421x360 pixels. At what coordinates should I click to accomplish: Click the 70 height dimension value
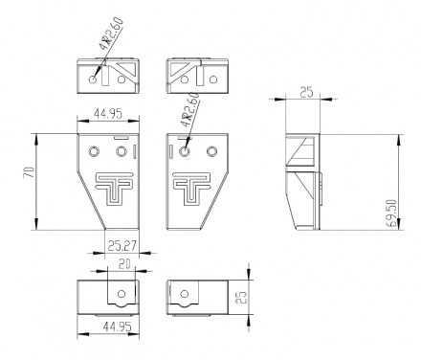click(29, 172)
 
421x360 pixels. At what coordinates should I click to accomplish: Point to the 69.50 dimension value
click(393, 214)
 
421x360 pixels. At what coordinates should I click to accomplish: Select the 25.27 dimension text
click(122, 246)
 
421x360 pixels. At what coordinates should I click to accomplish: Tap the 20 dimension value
click(124, 264)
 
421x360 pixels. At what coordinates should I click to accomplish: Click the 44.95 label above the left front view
click(108, 114)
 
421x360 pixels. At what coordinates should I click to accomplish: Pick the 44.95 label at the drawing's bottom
click(117, 326)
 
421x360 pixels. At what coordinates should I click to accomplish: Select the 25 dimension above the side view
click(307, 93)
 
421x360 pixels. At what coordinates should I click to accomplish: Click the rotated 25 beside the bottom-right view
click(243, 297)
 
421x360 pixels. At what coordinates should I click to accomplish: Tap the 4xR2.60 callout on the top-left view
click(111, 34)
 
